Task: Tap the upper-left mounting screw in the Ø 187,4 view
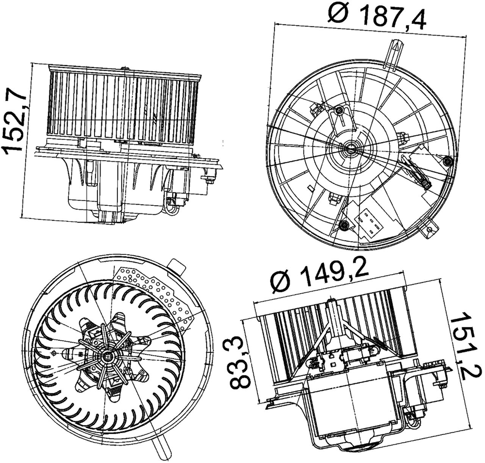coord(338,110)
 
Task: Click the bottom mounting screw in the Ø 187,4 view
coord(344,225)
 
